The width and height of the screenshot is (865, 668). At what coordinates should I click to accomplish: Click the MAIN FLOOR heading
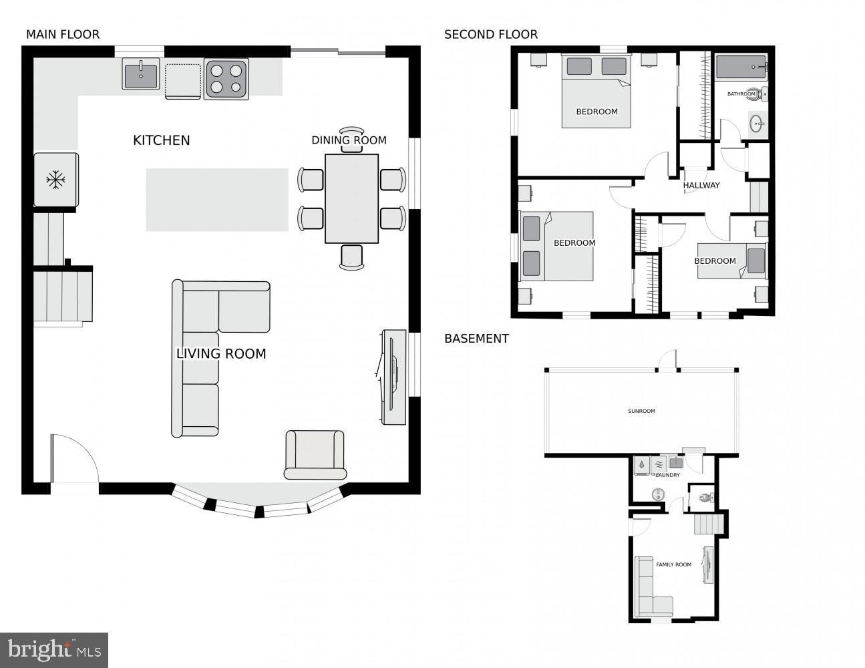click(62, 34)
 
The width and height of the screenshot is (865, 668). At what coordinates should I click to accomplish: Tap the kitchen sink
click(141, 73)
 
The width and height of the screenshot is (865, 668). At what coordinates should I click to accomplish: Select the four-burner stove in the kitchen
click(226, 78)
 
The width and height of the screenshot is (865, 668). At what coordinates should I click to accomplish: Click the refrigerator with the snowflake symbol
click(56, 179)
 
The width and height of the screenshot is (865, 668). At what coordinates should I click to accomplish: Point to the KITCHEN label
click(161, 140)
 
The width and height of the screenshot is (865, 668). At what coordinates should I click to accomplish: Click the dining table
click(351, 198)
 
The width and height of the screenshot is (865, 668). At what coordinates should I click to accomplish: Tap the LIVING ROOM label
click(220, 354)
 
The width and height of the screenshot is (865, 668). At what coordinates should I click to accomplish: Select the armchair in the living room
click(315, 454)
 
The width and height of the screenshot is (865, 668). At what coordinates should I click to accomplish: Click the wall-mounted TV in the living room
click(393, 377)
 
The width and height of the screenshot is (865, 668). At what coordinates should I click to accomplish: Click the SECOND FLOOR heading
click(490, 34)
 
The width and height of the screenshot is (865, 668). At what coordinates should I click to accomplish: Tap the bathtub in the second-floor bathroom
click(741, 67)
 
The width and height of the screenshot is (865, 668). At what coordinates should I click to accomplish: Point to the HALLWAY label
click(701, 185)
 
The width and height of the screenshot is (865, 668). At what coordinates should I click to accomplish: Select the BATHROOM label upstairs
click(741, 94)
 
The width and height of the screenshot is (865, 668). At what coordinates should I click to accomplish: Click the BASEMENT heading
click(476, 339)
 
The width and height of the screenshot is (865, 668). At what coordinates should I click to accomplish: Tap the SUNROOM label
click(641, 411)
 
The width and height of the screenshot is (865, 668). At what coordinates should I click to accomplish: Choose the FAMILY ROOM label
click(673, 564)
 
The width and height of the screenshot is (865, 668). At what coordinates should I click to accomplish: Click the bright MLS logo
click(54, 649)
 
